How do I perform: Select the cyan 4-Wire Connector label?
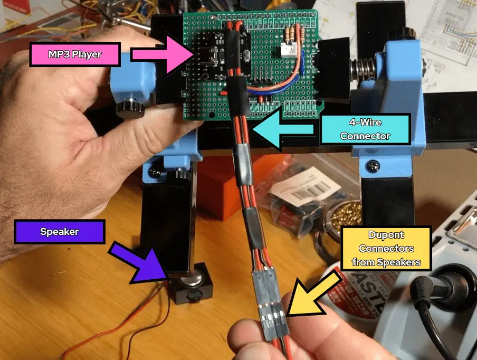[x=365, y=129]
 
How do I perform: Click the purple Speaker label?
[x=59, y=232]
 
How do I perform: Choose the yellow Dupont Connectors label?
[x=386, y=248]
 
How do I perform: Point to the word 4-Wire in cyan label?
[x=365, y=122]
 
